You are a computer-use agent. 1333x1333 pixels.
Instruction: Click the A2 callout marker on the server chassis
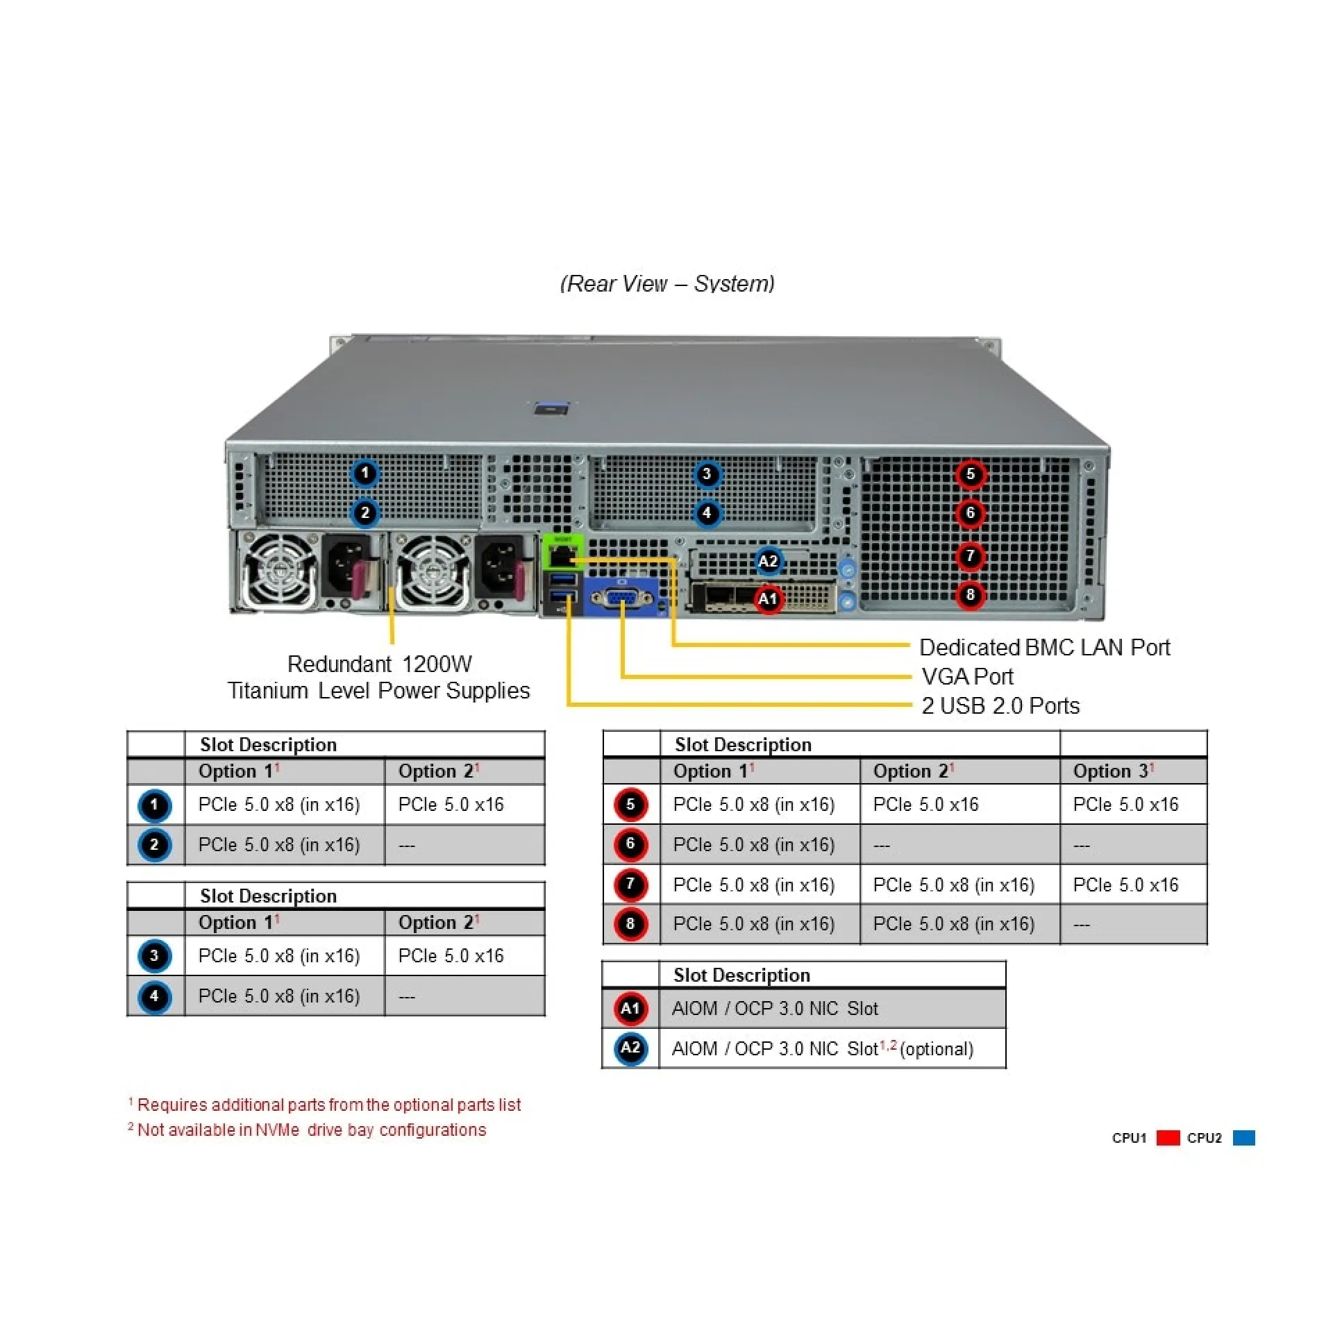tap(767, 561)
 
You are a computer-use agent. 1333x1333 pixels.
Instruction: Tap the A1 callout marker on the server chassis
tap(767, 598)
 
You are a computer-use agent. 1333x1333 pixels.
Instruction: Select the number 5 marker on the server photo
tap(971, 474)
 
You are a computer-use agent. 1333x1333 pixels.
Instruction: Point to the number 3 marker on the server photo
tap(707, 474)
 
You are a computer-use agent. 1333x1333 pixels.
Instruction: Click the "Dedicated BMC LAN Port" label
tap(1044, 648)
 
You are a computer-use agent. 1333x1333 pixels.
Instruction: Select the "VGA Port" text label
tap(967, 677)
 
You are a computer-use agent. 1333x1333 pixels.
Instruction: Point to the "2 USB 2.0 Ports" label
tap(1000, 706)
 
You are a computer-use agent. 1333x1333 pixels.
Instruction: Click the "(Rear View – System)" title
tap(667, 283)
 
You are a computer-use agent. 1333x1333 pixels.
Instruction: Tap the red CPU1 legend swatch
tap(1168, 1138)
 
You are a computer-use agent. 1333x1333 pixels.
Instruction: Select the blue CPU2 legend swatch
tap(1243, 1138)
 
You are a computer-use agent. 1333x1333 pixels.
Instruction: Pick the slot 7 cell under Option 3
tap(1125, 885)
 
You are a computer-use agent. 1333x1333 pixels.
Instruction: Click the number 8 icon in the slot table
tap(630, 924)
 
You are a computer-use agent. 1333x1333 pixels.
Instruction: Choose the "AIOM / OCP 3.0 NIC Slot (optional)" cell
tap(823, 1049)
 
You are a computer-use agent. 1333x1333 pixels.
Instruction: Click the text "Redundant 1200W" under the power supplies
tap(379, 664)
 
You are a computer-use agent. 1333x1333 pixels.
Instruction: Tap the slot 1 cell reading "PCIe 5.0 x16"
tap(451, 805)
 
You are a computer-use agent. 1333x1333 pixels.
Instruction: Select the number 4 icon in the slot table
tap(154, 996)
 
